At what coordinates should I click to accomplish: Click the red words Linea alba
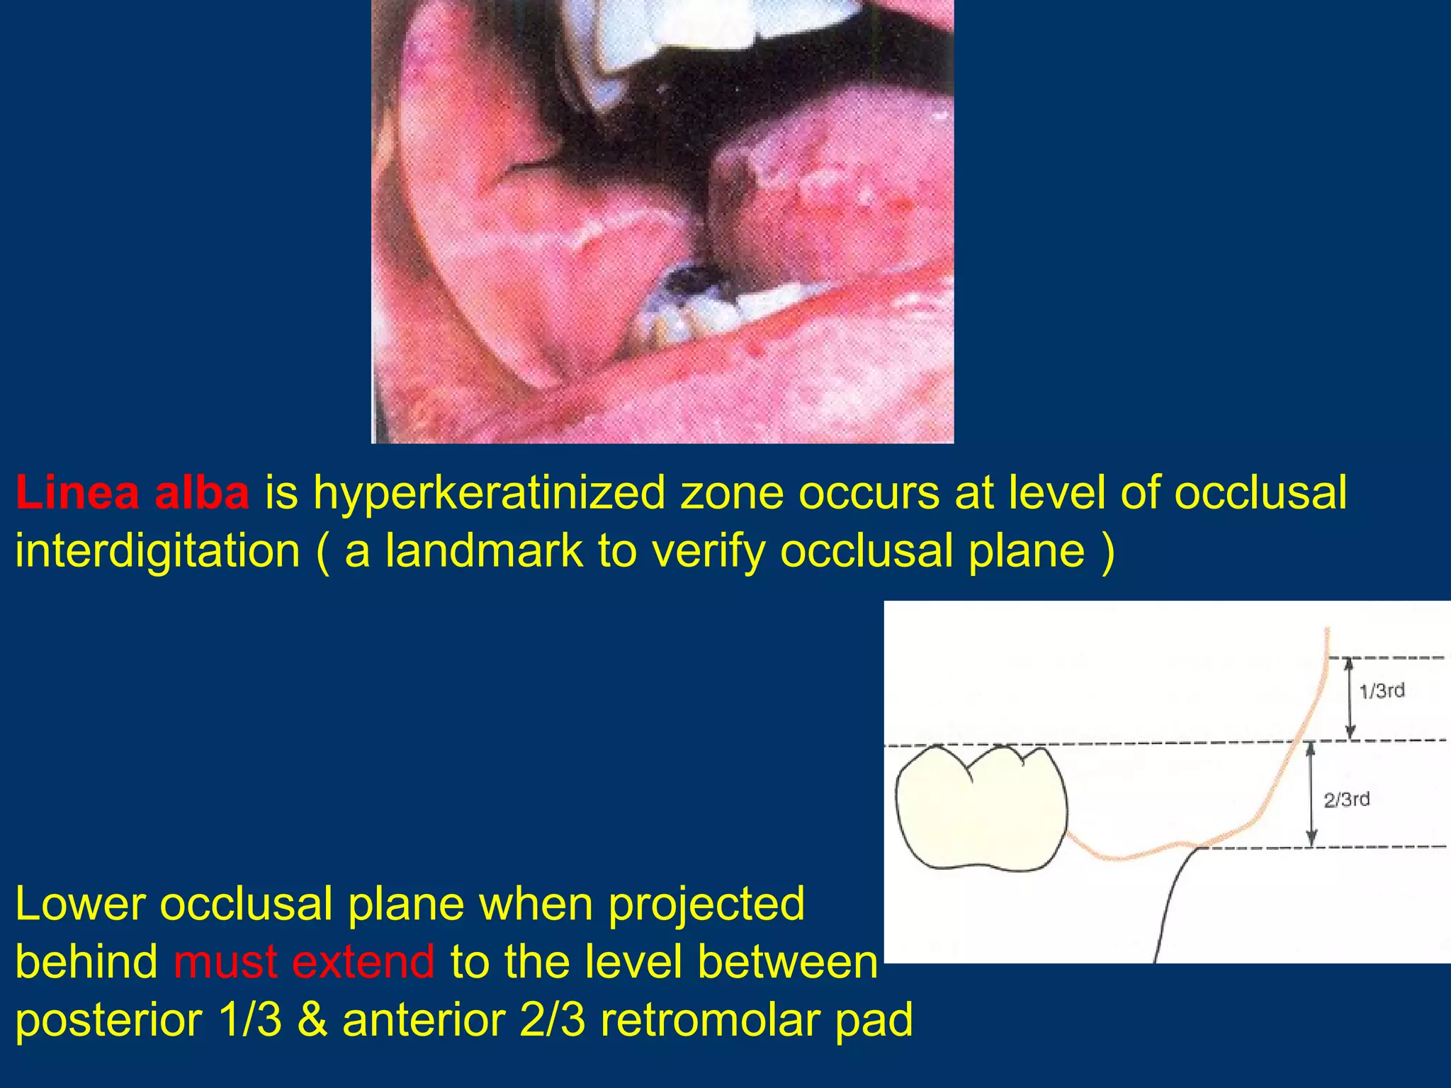(x=132, y=492)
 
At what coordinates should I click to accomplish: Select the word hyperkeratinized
(x=490, y=494)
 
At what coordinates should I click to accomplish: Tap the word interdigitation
(x=158, y=551)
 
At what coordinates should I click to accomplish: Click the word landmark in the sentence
(x=483, y=551)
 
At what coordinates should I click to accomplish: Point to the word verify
(x=708, y=552)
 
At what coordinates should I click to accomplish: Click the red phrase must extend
(x=304, y=962)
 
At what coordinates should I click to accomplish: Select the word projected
(x=706, y=905)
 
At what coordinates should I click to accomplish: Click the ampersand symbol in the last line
(x=312, y=1020)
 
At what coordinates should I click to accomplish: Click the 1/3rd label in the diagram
(x=1382, y=691)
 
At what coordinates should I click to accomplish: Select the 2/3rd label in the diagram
(x=1347, y=800)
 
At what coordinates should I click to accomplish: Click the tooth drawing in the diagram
(x=980, y=807)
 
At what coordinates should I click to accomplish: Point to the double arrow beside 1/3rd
(x=1350, y=698)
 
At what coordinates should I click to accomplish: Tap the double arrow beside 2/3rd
(x=1311, y=794)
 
